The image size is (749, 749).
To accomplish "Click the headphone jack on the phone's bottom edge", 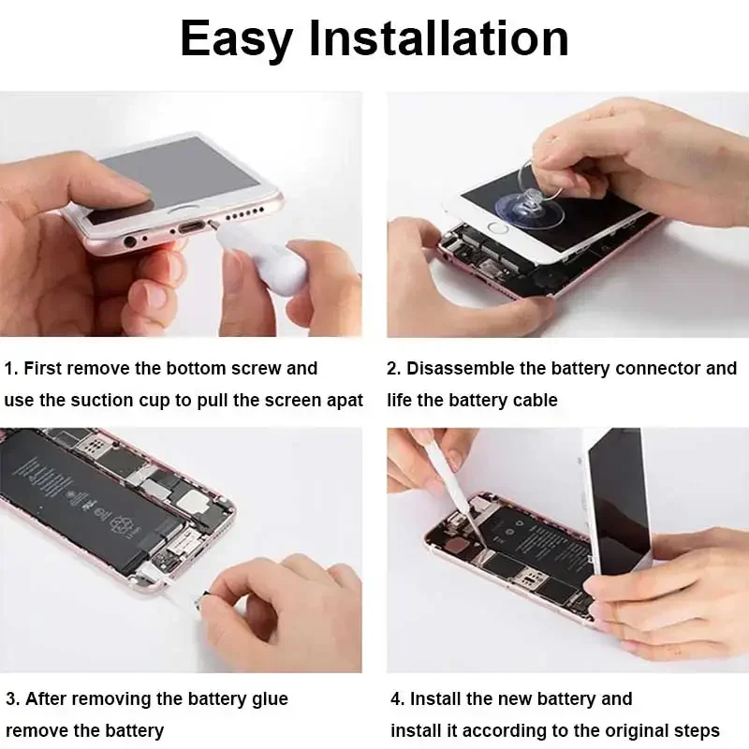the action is [x=130, y=241].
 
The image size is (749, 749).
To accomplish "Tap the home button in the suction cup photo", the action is [x=499, y=228].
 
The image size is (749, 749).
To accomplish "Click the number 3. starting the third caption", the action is [x=13, y=699].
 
